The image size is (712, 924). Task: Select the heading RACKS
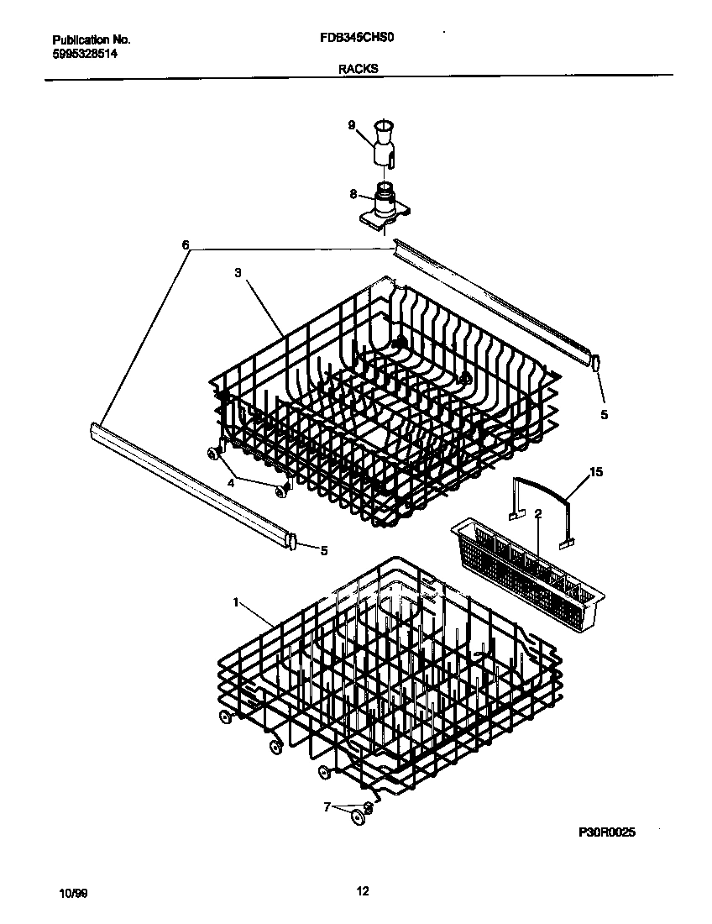[358, 69]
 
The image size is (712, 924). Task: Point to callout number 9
[352, 125]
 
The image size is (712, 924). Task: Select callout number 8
[353, 194]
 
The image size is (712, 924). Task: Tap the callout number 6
[185, 246]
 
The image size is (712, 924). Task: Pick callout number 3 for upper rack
[238, 273]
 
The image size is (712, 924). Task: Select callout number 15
[596, 474]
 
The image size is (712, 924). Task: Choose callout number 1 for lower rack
[237, 602]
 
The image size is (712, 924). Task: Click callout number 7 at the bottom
[327, 806]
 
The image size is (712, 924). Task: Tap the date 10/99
[74, 892]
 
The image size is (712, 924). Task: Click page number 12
[363, 891]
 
